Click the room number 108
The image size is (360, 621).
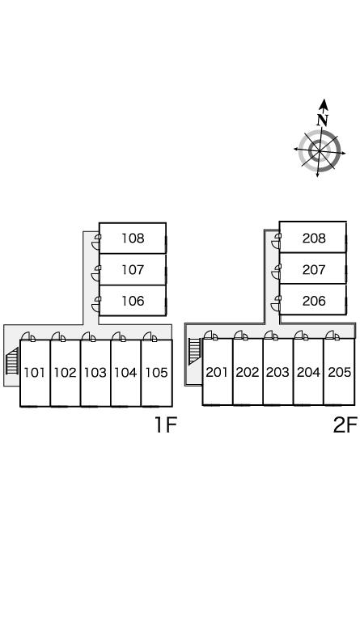[x=133, y=238]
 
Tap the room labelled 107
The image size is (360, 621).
[x=133, y=270]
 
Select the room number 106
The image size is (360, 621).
[x=133, y=301]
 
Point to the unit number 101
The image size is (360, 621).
[x=35, y=372]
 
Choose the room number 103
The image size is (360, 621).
[x=95, y=372]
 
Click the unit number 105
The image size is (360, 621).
[x=157, y=372]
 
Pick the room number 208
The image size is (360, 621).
[x=314, y=238]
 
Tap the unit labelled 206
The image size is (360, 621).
[x=314, y=301]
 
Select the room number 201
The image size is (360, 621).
[x=217, y=372]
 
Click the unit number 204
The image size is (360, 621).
[x=308, y=372]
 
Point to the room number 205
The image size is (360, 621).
[x=340, y=372]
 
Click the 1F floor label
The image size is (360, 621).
[x=165, y=425]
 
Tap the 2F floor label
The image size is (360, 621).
[x=345, y=425]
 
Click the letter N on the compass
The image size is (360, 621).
[x=323, y=120]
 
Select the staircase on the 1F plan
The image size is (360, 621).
[x=12, y=361]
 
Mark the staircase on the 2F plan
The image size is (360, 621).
[x=194, y=352]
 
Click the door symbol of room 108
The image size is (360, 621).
[x=96, y=242]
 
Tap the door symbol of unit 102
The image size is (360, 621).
[x=58, y=336]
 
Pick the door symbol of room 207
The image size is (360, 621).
[x=276, y=272]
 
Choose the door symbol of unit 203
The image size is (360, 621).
[x=271, y=336]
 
